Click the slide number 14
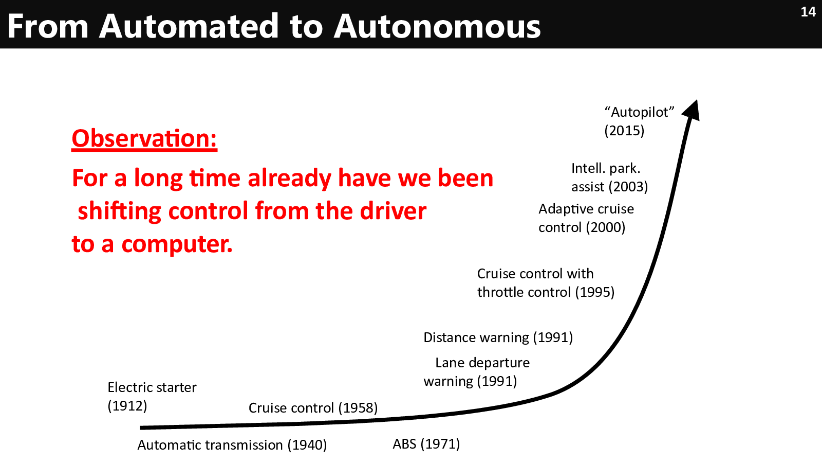(x=808, y=12)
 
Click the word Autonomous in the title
(x=437, y=26)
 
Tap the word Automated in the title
(x=189, y=26)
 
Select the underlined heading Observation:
(x=144, y=139)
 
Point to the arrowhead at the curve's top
(x=692, y=110)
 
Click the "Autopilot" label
(x=639, y=112)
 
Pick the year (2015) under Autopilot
(x=624, y=131)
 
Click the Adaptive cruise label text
(x=586, y=209)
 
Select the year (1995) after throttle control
(x=594, y=293)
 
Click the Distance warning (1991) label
(x=498, y=337)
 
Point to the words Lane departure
(x=482, y=363)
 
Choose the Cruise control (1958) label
(x=313, y=408)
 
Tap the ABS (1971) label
(x=426, y=444)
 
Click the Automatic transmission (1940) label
(x=232, y=446)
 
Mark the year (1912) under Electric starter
(x=127, y=406)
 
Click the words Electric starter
(x=152, y=388)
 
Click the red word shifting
(x=119, y=212)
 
